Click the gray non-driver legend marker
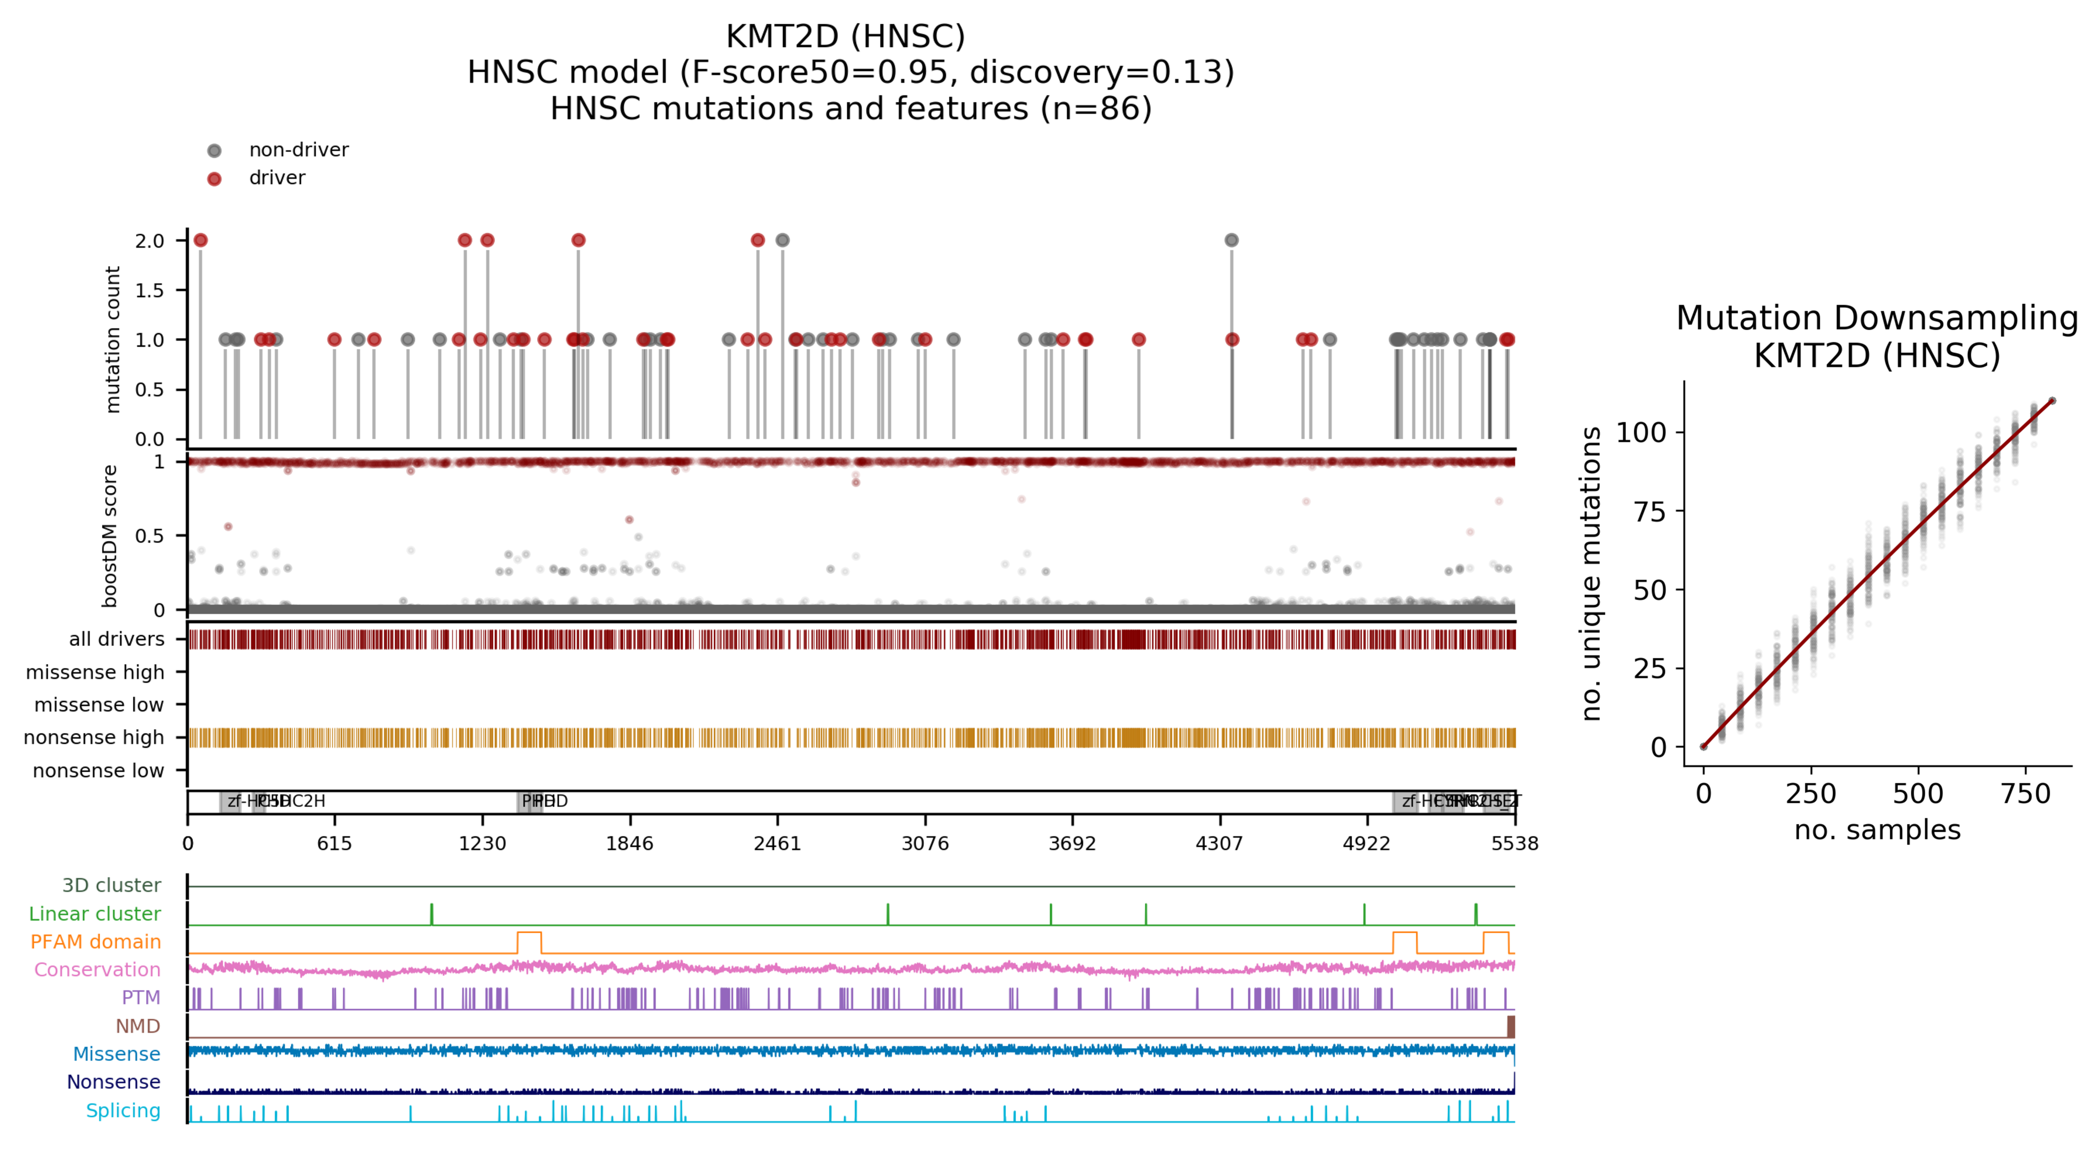point(214,150)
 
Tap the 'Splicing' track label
point(123,1111)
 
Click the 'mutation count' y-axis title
point(112,339)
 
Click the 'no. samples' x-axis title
point(1877,830)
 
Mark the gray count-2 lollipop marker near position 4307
point(1231,240)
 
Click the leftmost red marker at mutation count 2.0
point(201,240)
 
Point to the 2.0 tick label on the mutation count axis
point(150,241)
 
